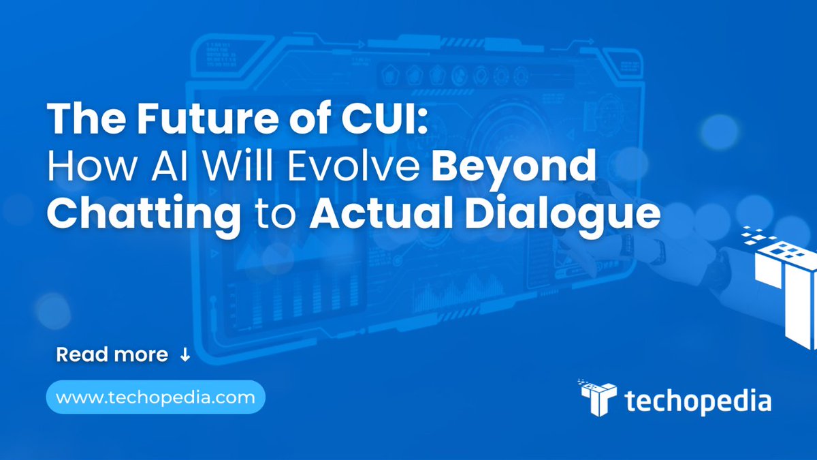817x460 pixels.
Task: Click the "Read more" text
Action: pyautogui.click(x=112, y=355)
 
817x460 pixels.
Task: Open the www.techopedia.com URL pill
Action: pyautogui.click(x=155, y=397)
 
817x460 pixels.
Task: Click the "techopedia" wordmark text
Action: pyautogui.click(x=698, y=401)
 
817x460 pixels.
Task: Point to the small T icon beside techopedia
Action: pyautogui.click(x=598, y=398)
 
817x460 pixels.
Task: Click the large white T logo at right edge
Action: pyautogui.click(x=783, y=286)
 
